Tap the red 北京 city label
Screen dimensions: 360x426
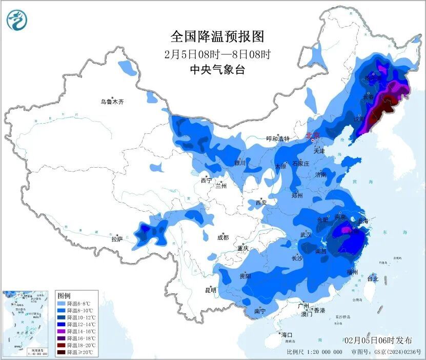(x=312, y=135)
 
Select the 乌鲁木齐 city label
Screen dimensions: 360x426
(x=112, y=102)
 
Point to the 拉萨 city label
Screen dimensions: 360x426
(x=117, y=238)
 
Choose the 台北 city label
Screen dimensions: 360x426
(x=373, y=279)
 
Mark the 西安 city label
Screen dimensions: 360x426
(x=261, y=203)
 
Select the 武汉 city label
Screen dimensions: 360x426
(x=306, y=235)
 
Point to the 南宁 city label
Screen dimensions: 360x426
(x=259, y=311)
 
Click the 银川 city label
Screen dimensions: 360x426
(x=240, y=163)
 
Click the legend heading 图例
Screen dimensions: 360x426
(x=64, y=296)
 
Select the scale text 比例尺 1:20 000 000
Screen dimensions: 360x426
(x=314, y=352)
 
